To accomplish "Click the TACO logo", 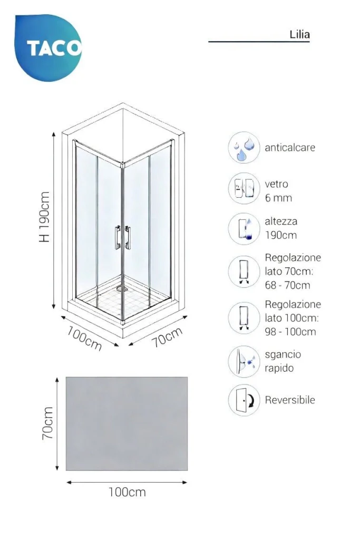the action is [48, 47].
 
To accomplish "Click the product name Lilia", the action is [299, 34].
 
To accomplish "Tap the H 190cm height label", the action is [45, 217].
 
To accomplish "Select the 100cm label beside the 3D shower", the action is [84, 339].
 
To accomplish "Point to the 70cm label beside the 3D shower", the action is [167, 337].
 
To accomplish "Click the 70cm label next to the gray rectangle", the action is [47, 423].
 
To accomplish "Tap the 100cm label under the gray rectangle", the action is [127, 492].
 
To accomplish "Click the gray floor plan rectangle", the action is [127, 423].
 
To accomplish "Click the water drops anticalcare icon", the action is [244, 148].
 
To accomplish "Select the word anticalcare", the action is [290, 148].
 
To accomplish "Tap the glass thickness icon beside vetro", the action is [244, 188].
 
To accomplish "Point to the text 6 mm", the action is [278, 198].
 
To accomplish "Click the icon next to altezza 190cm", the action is [244, 229].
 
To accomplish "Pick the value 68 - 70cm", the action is [287, 285].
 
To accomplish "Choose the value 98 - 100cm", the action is [290, 332].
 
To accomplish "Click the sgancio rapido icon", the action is [244, 362].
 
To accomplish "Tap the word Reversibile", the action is [290, 400].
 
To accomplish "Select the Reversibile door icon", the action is [244, 400].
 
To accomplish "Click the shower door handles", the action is [122, 237].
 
